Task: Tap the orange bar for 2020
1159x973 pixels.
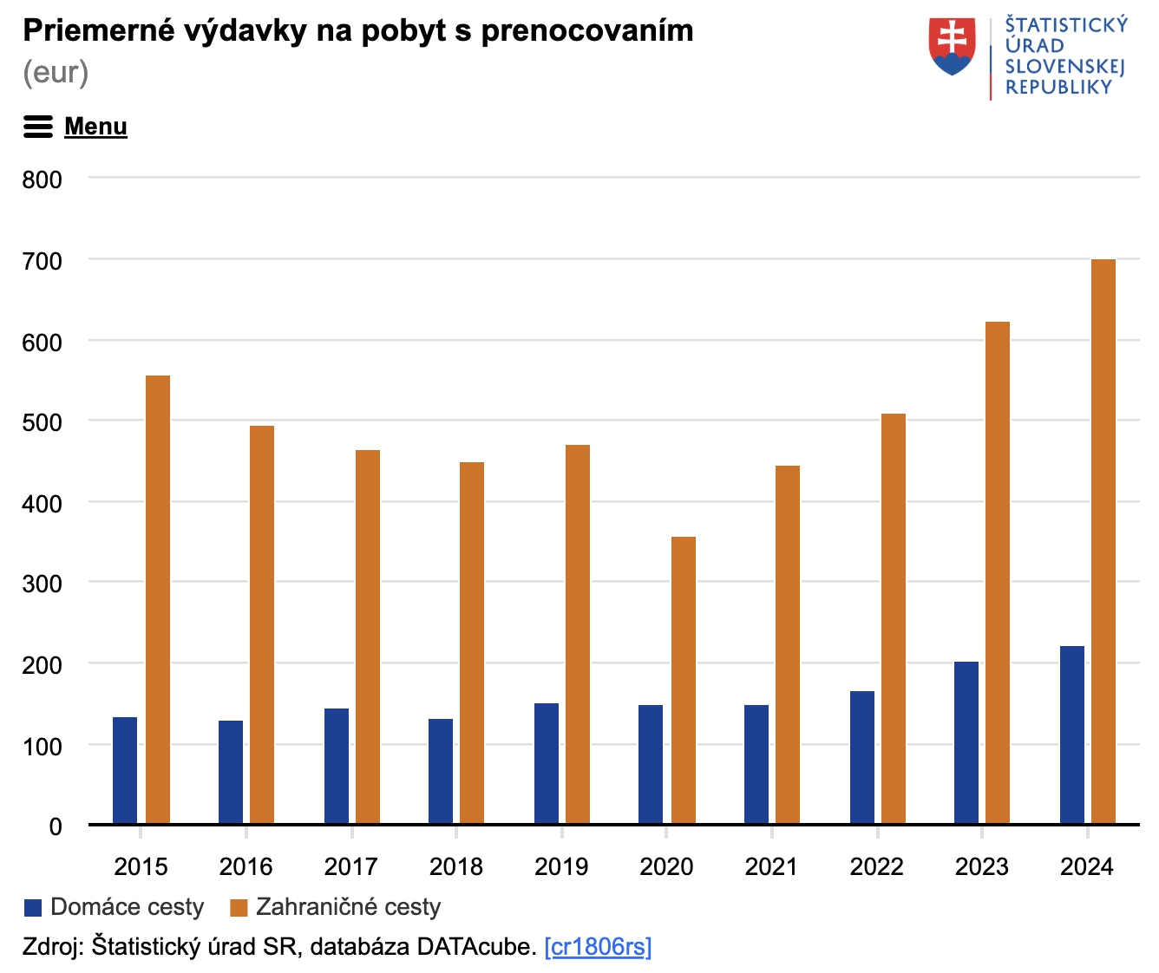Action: [684, 680]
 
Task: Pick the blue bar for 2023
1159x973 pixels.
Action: [966, 742]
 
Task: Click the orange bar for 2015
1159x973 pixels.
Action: [158, 599]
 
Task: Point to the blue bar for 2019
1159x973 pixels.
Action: [547, 763]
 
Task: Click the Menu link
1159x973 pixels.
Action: [95, 127]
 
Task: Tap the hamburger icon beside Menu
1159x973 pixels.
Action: [37, 127]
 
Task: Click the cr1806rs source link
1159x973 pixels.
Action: [598, 946]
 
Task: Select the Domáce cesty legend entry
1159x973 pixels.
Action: [115, 907]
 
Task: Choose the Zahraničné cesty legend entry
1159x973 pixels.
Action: [336, 907]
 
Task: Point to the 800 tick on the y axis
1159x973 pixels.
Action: [43, 180]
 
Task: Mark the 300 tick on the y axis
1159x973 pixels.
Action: [43, 584]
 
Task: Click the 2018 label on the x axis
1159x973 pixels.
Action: [456, 866]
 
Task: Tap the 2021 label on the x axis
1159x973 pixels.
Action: [771, 866]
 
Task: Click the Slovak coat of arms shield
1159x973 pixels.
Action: [952, 46]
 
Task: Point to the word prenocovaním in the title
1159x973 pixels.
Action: [587, 30]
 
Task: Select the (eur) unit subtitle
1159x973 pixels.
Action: [56, 72]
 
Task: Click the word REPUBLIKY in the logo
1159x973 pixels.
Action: [1058, 87]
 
